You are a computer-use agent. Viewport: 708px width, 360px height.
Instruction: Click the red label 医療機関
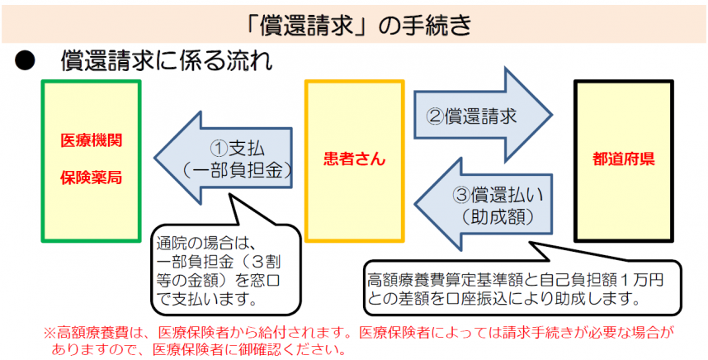point(92,140)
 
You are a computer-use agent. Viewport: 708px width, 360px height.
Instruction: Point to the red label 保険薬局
point(92,178)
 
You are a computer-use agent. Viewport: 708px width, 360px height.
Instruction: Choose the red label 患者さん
point(354,159)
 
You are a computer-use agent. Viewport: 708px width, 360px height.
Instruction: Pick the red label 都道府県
point(624,159)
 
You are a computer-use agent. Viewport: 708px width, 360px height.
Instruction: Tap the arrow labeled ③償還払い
point(487,204)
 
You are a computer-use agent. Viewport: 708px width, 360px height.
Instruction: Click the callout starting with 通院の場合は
point(218,272)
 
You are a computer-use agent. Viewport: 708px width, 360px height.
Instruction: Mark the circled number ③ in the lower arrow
point(461,195)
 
